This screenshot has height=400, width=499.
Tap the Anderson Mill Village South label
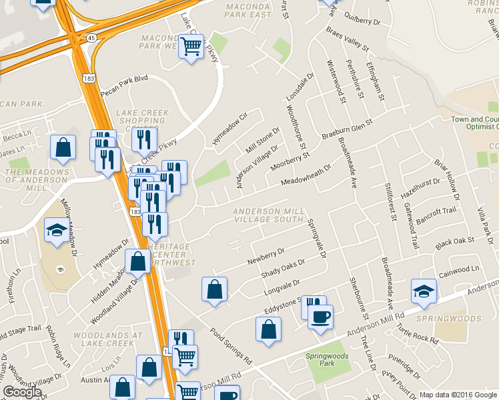(x=269, y=215)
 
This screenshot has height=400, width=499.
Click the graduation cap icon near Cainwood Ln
(x=423, y=290)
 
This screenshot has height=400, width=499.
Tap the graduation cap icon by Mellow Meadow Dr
(x=56, y=230)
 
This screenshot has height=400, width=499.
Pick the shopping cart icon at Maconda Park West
(x=191, y=46)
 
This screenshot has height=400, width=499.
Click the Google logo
(x=22, y=392)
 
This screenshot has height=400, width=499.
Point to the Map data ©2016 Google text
(x=457, y=395)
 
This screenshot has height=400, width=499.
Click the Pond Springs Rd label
(x=229, y=346)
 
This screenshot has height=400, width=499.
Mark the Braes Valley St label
(x=347, y=38)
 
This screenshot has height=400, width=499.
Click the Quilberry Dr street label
(x=362, y=21)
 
